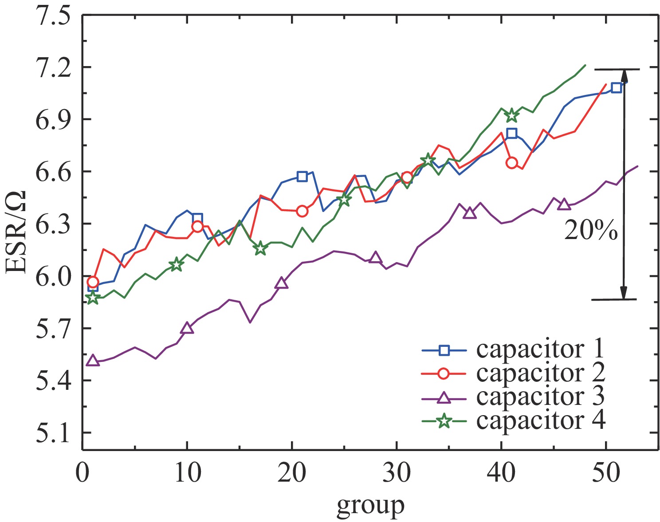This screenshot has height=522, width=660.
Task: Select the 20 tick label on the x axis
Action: click(292, 474)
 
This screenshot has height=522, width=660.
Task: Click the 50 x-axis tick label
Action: click(606, 474)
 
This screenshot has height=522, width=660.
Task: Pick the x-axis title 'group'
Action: click(370, 505)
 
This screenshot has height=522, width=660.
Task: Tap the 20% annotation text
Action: click(590, 231)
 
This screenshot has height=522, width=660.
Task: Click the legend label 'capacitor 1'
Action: click(540, 349)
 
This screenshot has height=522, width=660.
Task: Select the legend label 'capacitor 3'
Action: click(540, 396)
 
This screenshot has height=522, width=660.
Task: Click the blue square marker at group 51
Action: click(616, 87)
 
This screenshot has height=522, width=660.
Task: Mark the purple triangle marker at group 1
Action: click(93, 361)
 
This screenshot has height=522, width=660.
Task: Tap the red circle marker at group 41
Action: click(512, 163)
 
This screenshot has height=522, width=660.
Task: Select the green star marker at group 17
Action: click(260, 248)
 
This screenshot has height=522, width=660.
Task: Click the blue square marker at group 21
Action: click(302, 176)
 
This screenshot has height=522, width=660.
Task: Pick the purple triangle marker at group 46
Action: click(564, 204)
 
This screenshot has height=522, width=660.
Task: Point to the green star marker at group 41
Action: click(512, 115)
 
